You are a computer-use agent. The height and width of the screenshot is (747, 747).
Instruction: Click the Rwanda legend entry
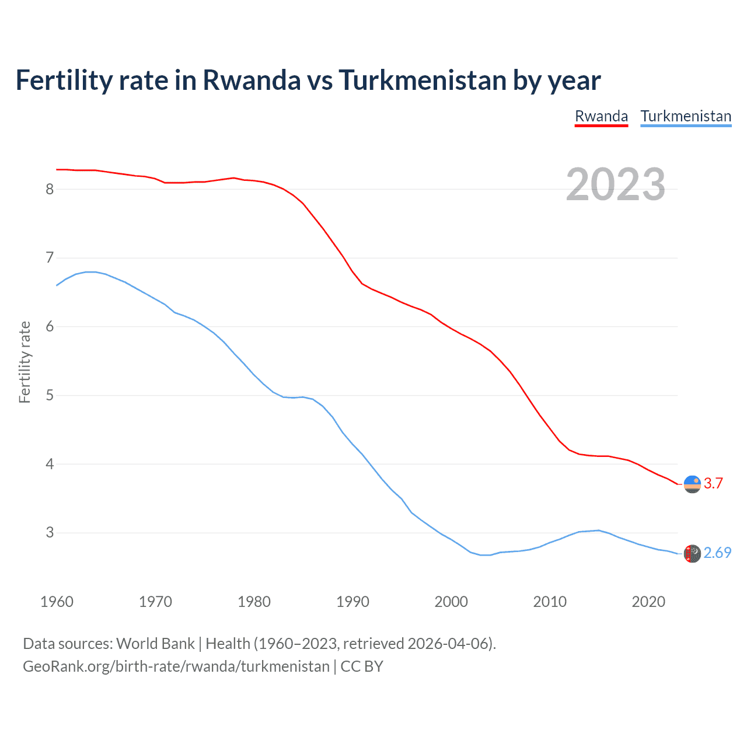pos(601,116)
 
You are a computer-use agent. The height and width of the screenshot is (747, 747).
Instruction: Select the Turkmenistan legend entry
pos(686,116)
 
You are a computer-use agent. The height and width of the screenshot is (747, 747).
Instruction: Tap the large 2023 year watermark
pos(616,184)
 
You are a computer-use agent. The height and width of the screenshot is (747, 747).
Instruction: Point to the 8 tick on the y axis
pos(50,189)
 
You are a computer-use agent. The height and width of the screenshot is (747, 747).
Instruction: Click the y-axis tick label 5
pos(50,396)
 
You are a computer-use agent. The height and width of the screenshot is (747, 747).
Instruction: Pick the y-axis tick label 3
pos(50,533)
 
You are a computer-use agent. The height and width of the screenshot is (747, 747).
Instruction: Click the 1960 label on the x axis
pos(57,602)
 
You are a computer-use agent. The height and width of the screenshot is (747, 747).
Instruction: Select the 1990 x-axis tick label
pos(352,602)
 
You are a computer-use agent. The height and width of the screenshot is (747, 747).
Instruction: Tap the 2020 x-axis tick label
pos(648,602)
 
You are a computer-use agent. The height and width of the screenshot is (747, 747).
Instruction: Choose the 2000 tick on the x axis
pos(451,602)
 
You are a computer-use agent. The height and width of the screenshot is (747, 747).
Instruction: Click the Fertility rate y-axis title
pos(25,362)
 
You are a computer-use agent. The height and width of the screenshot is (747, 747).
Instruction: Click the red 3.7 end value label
pos(713,483)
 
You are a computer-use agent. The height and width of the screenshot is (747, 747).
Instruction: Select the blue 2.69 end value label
pos(717,553)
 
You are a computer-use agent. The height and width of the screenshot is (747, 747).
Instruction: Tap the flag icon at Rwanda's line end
pos(692,484)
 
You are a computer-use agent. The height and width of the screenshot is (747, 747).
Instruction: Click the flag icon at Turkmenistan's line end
pos(692,553)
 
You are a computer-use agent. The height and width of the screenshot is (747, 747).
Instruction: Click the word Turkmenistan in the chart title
pos(423,80)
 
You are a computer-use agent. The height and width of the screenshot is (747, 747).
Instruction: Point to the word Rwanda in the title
pos(252,80)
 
